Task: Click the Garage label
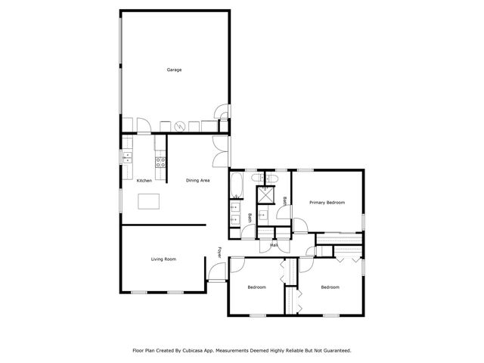point(174,70)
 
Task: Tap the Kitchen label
point(144,181)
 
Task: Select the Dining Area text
point(197,181)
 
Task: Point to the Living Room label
point(163,259)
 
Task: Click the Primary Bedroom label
point(327,203)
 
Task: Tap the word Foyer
point(220,252)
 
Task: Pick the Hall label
point(273,245)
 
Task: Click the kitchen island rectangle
point(150,201)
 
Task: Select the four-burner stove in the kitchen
point(160,160)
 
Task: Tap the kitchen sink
point(126,157)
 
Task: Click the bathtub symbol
point(236,184)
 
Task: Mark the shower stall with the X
point(265,194)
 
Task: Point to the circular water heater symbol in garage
point(180,126)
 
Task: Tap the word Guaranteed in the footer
point(334,351)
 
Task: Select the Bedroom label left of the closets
point(257,287)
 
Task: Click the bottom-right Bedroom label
point(330,287)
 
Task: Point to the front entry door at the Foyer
point(216,274)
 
